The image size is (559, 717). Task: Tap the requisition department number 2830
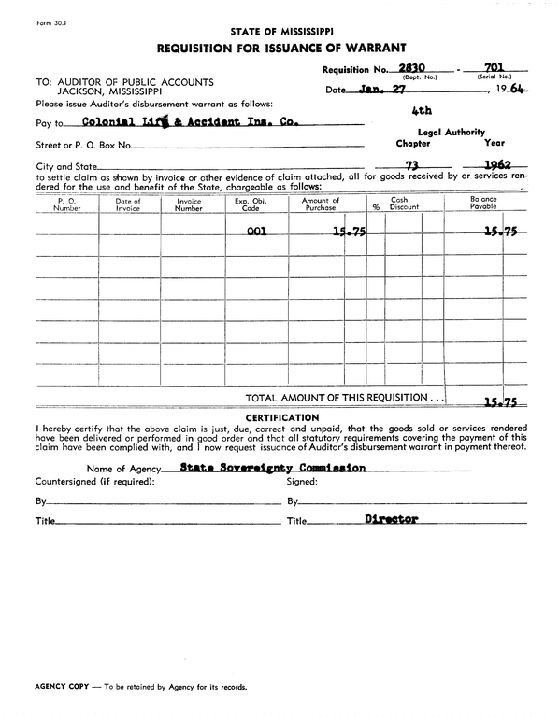click(x=411, y=67)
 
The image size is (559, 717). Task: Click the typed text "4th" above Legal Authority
click(x=422, y=110)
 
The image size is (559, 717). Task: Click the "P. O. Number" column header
click(x=66, y=204)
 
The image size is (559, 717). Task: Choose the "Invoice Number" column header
click(x=189, y=204)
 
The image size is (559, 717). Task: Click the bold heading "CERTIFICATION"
click(x=281, y=417)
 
